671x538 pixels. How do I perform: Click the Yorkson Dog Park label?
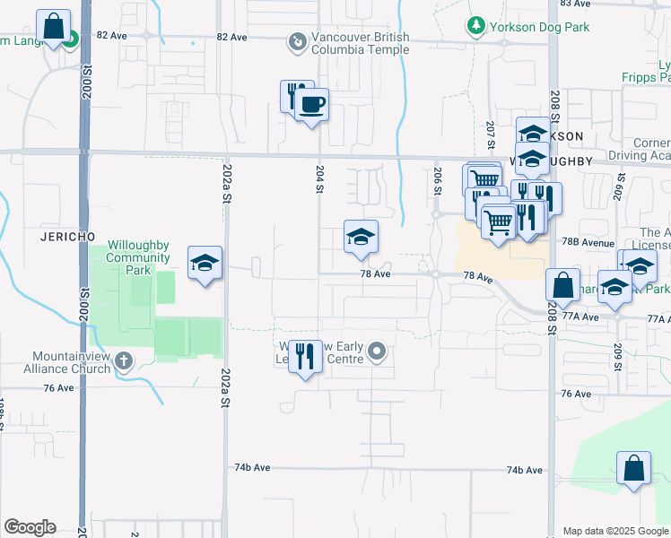[540, 27]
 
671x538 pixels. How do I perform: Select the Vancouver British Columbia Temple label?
[360, 43]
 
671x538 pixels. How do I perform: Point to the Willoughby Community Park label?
[139, 251]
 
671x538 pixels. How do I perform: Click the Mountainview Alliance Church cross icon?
[124, 361]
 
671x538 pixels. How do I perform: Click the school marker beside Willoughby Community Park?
[205, 263]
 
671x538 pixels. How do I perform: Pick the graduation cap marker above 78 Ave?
[361, 237]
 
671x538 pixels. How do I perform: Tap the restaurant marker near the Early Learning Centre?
[307, 357]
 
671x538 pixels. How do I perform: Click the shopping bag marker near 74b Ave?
[633, 468]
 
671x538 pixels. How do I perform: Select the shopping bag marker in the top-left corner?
[54, 25]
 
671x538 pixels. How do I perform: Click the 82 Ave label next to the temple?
[231, 37]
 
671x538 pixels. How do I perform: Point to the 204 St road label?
[319, 179]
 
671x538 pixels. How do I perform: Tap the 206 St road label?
[438, 181]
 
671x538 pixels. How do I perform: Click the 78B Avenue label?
[588, 243]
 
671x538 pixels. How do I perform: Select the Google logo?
[30, 527]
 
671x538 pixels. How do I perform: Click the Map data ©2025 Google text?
[616, 531]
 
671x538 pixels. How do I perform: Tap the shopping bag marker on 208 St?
[562, 285]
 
